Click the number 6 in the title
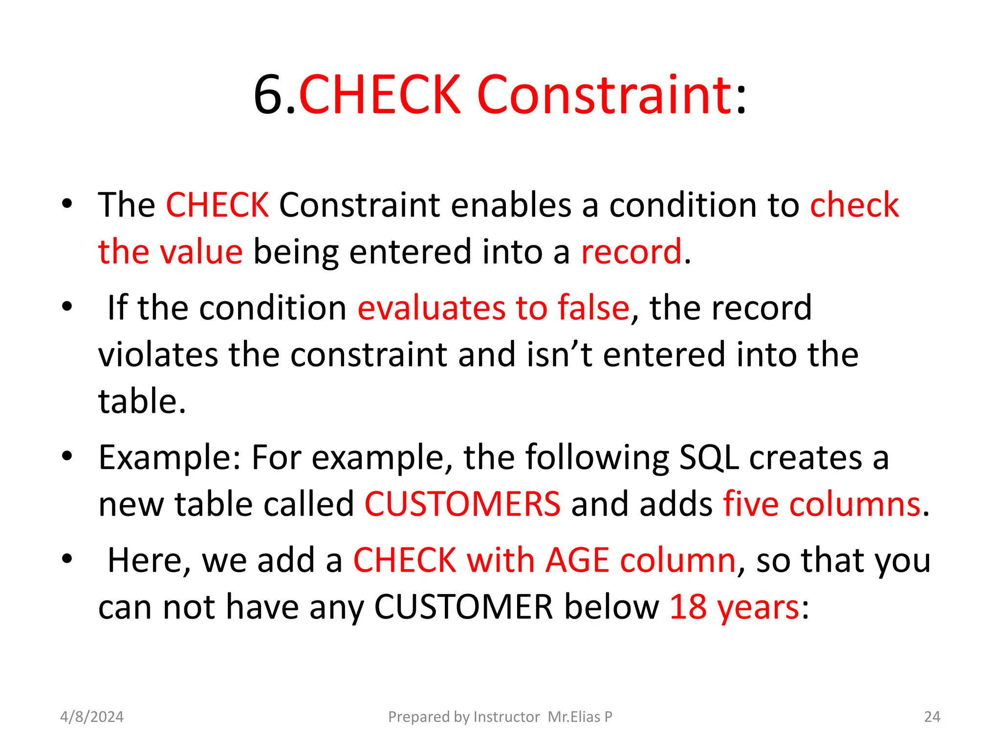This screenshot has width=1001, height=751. click(269, 95)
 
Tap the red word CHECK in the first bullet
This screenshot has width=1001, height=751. click(217, 204)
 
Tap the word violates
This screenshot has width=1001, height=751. click(158, 354)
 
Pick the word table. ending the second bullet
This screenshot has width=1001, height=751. click(142, 401)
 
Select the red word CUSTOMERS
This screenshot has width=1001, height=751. click(462, 504)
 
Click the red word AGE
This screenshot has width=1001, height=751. click(577, 560)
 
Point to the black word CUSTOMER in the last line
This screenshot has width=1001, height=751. click(463, 607)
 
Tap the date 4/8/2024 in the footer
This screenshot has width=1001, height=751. click(92, 717)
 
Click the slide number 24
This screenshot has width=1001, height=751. click(932, 717)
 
